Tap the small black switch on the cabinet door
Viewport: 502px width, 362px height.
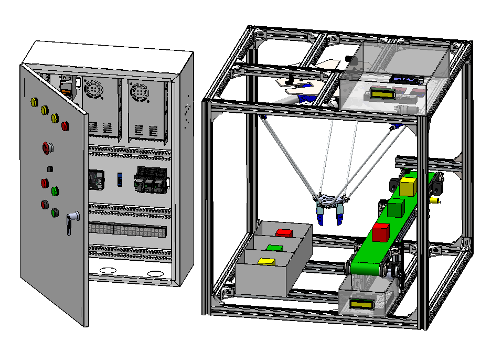pos(49,169)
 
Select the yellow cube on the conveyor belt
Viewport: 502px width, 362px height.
pos(408,186)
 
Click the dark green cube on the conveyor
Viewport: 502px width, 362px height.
pos(396,207)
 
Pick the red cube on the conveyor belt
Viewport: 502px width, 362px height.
pos(381,232)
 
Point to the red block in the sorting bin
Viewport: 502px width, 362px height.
pos(284,232)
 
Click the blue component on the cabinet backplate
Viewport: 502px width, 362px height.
pos(120,179)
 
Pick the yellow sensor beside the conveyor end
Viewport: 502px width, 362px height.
pos(434,200)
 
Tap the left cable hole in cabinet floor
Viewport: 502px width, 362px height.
pos(108,271)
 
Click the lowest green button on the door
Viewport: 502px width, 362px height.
pos(55,212)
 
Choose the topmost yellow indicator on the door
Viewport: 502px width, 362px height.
pos(35,101)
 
